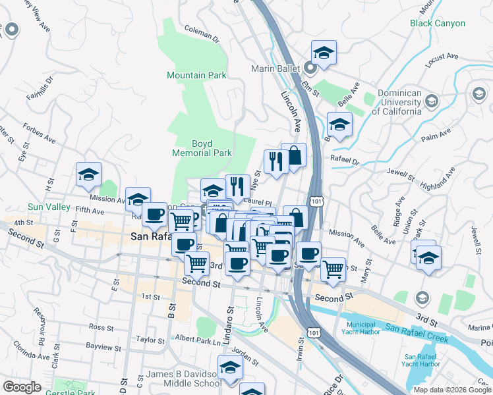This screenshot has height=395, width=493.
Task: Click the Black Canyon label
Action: click(437, 23)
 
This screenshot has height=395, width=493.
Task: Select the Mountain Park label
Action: click(196, 76)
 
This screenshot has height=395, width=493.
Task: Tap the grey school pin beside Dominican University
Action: click(431, 101)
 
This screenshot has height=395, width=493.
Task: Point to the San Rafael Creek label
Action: click(417, 333)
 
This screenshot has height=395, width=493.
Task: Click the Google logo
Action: click(22, 387)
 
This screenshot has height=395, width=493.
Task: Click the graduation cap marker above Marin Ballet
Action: click(324, 53)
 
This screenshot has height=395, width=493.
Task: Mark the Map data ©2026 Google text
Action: click(451, 389)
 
